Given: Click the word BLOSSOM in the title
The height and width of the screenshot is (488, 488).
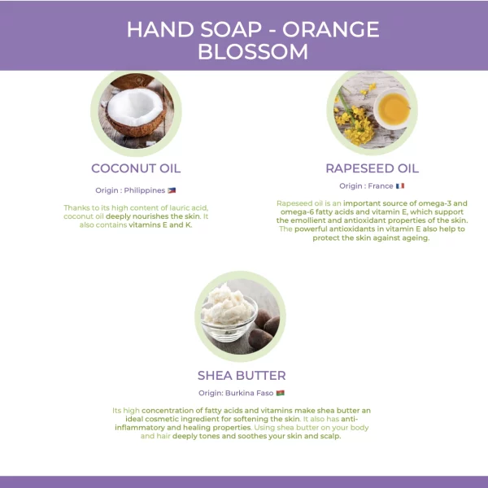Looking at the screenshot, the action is pyautogui.click(x=253, y=52).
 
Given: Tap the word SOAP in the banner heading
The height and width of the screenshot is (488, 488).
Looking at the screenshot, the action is pyautogui.click(x=231, y=29).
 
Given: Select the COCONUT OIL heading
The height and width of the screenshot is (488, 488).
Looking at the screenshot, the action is pyautogui.click(x=136, y=168).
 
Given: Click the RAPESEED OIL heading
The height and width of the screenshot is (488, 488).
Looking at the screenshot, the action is pyautogui.click(x=373, y=168).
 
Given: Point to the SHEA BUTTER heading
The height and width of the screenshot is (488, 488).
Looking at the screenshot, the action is pyautogui.click(x=242, y=375).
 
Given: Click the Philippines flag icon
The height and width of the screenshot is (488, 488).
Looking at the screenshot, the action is pyautogui.click(x=172, y=190).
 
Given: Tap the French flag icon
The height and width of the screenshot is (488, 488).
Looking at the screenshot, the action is pyautogui.click(x=400, y=185).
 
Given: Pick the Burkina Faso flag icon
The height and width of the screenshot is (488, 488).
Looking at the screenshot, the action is pyautogui.click(x=280, y=393).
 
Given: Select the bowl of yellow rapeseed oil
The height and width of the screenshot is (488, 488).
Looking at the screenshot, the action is pyautogui.click(x=393, y=109).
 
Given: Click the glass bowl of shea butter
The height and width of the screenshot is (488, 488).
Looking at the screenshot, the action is pyautogui.click(x=229, y=317).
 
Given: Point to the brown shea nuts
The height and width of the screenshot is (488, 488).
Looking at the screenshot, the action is pyautogui.click(x=264, y=330).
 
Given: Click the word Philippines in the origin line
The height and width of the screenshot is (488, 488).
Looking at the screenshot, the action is pyautogui.click(x=145, y=190).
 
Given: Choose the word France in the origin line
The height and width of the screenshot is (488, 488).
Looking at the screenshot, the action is pyautogui.click(x=381, y=185).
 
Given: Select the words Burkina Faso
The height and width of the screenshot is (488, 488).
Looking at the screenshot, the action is pyautogui.click(x=250, y=393).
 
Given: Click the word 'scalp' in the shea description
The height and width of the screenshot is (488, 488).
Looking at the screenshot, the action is pyautogui.click(x=330, y=436).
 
